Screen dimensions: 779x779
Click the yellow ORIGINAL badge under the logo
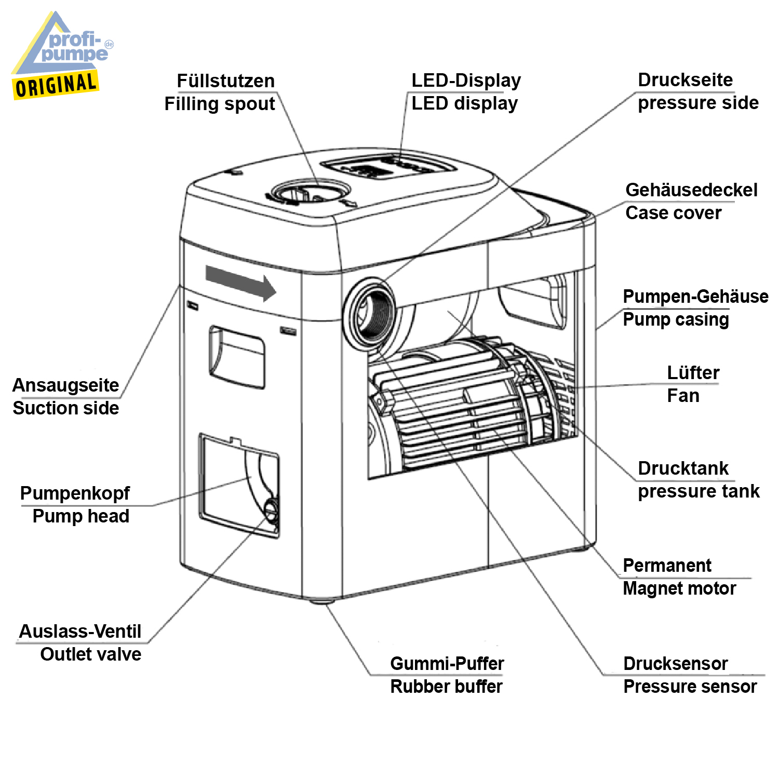(x=56, y=85)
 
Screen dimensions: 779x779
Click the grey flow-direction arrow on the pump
(x=240, y=283)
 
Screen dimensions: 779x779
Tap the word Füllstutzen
(x=225, y=81)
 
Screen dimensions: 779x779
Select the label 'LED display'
(x=464, y=103)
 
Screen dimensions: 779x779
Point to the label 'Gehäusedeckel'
(x=691, y=190)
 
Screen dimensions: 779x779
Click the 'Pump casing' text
(x=676, y=319)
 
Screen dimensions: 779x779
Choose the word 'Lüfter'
(x=693, y=373)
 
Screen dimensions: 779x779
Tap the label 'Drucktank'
(x=683, y=468)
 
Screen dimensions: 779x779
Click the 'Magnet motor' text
(x=679, y=588)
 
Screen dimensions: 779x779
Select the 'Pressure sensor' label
(x=690, y=687)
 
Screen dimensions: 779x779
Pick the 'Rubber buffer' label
(x=446, y=687)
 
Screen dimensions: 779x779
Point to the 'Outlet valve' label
(x=90, y=654)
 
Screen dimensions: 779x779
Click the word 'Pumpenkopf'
(x=75, y=493)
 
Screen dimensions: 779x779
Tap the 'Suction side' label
(x=66, y=408)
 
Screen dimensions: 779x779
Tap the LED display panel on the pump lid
(x=388, y=167)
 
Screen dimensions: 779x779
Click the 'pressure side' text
(x=698, y=103)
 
